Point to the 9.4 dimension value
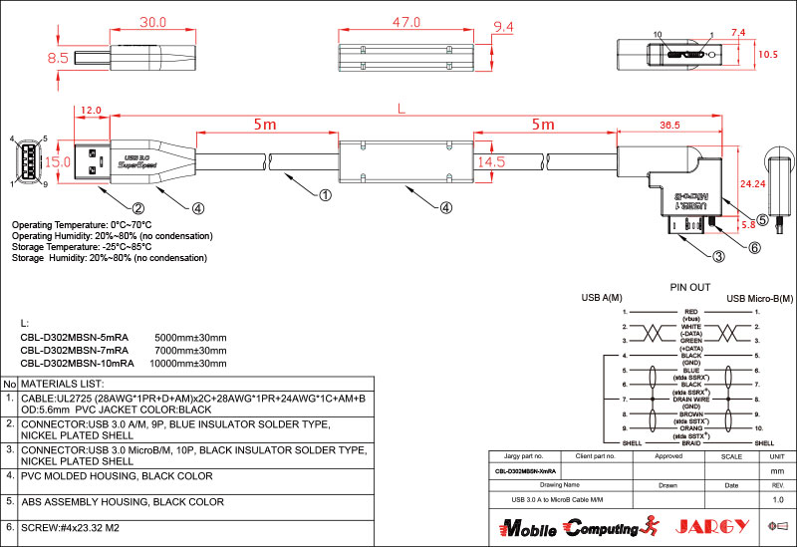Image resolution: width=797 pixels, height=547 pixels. (504, 26)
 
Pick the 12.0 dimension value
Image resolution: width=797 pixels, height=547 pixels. (91, 111)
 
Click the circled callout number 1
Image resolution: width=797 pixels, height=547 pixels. (325, 196)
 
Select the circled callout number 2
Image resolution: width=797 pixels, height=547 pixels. (139, 208)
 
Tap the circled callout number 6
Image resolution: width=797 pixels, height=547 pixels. (754, 248)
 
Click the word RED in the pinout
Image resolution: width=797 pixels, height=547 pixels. (689, 312)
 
